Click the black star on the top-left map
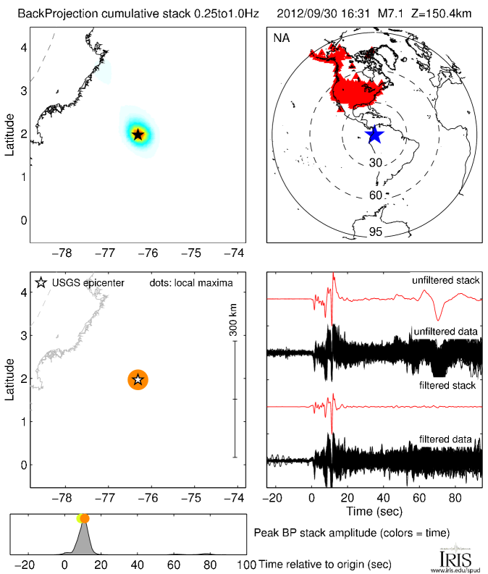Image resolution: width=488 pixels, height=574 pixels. pos(138,134)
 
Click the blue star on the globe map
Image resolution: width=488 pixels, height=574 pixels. pos(374,135)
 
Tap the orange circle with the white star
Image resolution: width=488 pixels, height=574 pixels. pos(138,379)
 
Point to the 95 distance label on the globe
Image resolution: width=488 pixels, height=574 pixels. pos(375,232)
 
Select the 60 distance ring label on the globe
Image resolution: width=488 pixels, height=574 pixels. pos(375,195)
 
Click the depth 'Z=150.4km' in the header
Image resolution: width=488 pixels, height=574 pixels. pos(433,14)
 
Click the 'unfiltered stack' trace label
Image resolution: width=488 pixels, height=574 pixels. pos(445,280)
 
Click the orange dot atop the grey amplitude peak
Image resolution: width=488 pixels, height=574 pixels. pos(85,518)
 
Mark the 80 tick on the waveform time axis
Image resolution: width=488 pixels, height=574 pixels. pos(455,498)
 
